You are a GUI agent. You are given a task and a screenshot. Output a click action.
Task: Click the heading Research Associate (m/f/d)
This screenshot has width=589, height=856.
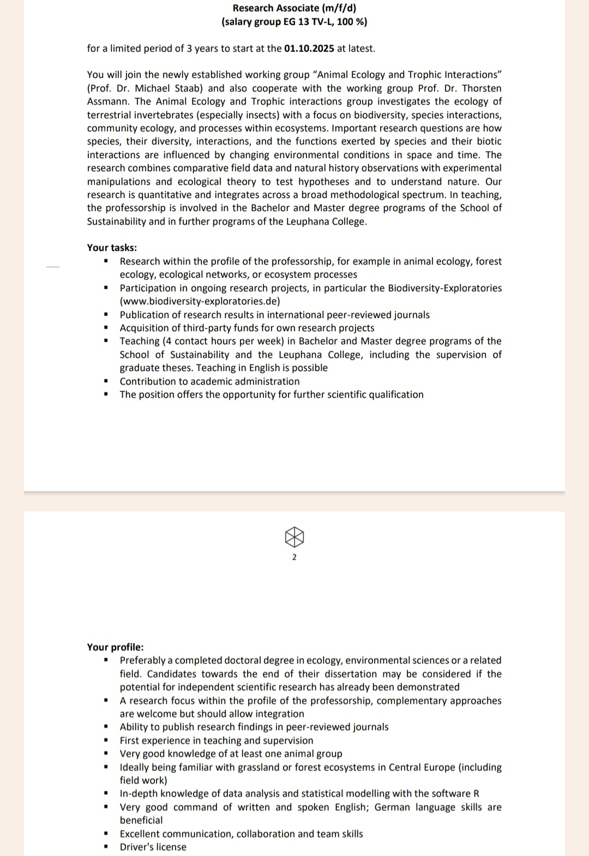294,8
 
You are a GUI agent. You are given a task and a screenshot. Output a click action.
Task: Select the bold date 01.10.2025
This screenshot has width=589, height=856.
309,49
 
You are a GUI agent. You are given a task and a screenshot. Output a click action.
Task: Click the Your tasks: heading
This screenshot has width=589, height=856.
112,248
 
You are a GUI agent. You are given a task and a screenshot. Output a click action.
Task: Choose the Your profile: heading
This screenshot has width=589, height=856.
115,647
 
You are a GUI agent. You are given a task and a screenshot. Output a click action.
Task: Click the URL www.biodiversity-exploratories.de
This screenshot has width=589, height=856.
200,301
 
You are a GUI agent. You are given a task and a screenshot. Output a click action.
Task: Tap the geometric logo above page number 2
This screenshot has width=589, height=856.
294,537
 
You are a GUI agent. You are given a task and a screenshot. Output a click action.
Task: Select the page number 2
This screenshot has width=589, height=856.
294,557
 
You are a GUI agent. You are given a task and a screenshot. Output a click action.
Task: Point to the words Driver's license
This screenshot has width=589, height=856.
153,847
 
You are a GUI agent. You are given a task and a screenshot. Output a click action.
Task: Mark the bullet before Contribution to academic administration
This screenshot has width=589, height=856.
106,382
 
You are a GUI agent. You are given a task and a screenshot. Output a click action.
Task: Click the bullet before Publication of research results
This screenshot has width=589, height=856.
106,315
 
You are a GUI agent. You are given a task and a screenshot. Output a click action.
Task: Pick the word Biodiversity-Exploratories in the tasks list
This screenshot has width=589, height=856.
444,288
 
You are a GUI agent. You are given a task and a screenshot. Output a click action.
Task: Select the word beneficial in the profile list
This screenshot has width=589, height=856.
141,821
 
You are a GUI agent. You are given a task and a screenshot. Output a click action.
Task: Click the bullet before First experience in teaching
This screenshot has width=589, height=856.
106,741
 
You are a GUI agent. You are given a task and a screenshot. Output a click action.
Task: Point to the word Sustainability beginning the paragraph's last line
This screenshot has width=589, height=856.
116,222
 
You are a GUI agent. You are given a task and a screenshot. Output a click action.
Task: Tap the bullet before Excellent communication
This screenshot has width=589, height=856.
106,834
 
